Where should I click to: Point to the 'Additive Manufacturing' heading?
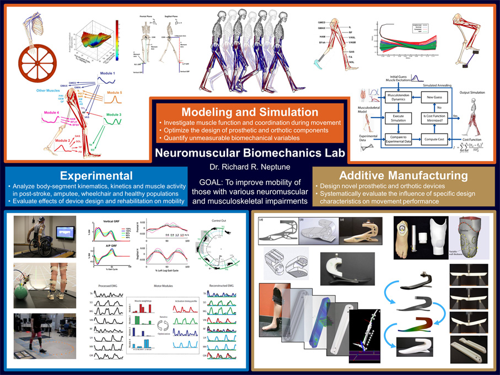pos(404,175)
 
